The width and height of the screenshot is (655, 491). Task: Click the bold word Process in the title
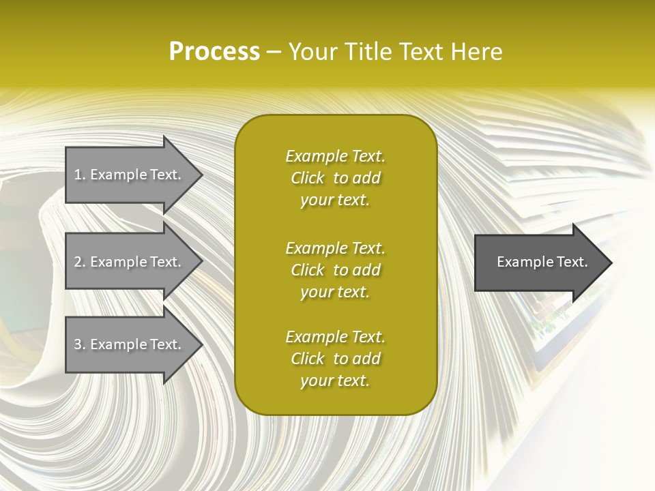[214, 52]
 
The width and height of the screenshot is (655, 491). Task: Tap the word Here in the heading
[475, 52]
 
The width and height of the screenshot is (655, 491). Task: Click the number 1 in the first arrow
[77, 175]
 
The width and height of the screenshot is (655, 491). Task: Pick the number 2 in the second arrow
[78, 262]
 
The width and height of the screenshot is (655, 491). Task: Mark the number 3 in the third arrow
[78, 344]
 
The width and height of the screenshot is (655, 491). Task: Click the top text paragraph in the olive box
[335, 178]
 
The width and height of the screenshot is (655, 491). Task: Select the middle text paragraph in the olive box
[335, 270]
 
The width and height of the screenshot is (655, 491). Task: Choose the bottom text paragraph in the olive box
[335, 359]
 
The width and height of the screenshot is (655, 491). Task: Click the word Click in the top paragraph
[308, 179]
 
